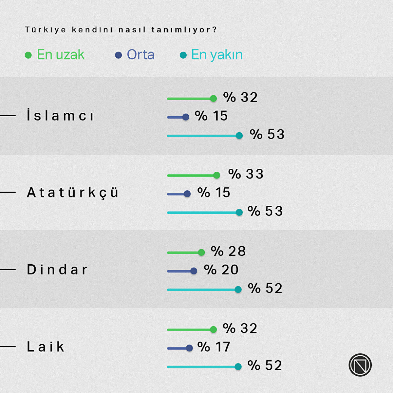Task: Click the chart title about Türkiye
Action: (x=121, y=30)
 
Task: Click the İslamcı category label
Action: (x=60, y=116)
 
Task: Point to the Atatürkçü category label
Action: (x=72, y=193)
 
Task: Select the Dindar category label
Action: (x=57, y=270)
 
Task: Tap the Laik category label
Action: (x=46, y=346)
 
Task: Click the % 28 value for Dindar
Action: (x=228, y=251)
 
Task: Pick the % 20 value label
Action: (x=221, y=270)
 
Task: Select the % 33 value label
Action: (x=246, y=174)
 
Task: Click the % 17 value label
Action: (x=214, y=347)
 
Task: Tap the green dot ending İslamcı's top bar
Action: (x=213, y=98)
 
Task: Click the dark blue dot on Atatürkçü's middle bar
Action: (x=187, y=194)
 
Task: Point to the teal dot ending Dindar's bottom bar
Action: (x=238, y=290)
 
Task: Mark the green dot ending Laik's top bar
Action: (x=213, y=329)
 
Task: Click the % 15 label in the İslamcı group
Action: (x=211, y=116)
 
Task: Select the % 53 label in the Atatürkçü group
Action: (x=265, y=211)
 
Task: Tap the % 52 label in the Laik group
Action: (x=265, y=365)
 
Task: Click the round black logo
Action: (x=360, y=365)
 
